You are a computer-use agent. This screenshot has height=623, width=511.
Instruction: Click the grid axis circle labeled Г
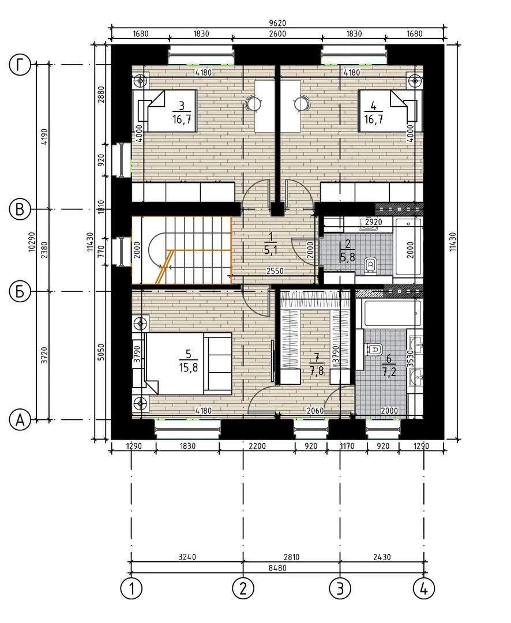[x=20, y=65]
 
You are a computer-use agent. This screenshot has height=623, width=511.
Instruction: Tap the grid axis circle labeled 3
[x=340, y=588]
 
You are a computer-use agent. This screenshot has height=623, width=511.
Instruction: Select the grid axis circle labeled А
[x=20, y=419]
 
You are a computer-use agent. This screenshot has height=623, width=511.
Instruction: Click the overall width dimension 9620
[x=277, y=23]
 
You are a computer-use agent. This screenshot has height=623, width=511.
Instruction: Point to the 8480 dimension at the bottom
[x=277, y=568]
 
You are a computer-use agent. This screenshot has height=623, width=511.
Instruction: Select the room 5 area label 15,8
[x=189, y=367]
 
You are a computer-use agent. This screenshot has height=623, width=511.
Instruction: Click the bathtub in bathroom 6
[x=388, y=314]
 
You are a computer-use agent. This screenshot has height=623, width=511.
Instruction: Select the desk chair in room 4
[x=302, y=103]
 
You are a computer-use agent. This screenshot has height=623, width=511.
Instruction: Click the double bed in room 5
[x=189, y=363]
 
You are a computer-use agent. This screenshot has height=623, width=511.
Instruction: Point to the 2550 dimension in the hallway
[x=275, y=271]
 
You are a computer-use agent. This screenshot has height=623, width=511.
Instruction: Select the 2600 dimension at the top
[x=277, y=34]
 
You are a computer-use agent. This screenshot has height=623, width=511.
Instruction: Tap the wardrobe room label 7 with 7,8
[x=316, y=365]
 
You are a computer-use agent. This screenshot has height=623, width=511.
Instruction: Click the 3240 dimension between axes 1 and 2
[x=187, y=557]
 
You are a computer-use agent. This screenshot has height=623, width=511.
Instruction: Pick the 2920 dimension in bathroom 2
[x=374, y=222]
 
